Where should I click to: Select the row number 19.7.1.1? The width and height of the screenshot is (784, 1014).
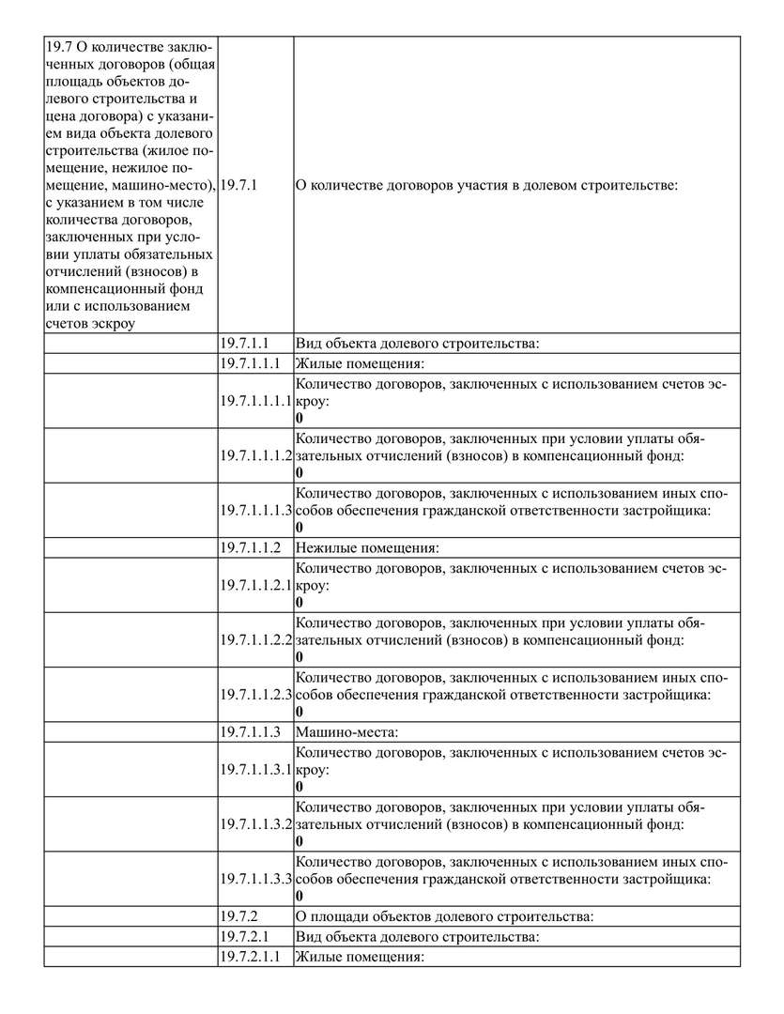[x=245, y=344]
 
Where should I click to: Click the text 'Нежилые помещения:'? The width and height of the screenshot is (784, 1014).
[x=368, y=546]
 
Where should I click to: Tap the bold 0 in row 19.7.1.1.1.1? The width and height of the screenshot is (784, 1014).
[x=300, y=417]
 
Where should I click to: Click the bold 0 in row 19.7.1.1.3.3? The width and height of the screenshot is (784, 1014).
[x=300, y=896]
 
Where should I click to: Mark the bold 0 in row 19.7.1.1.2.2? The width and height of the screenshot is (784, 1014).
[x=300, y=657]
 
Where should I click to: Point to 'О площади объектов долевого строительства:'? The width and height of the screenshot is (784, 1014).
[x=443, y=914]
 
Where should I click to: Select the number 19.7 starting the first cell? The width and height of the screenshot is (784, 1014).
[x=58, y=47]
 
